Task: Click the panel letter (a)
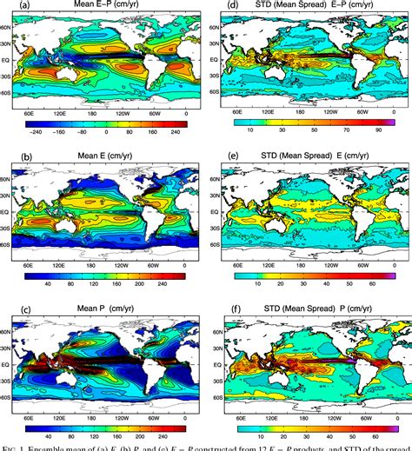pyautogui.click(x=10, y=8)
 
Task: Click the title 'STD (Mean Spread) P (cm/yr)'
pyautogui.click(x=315, y=310)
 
